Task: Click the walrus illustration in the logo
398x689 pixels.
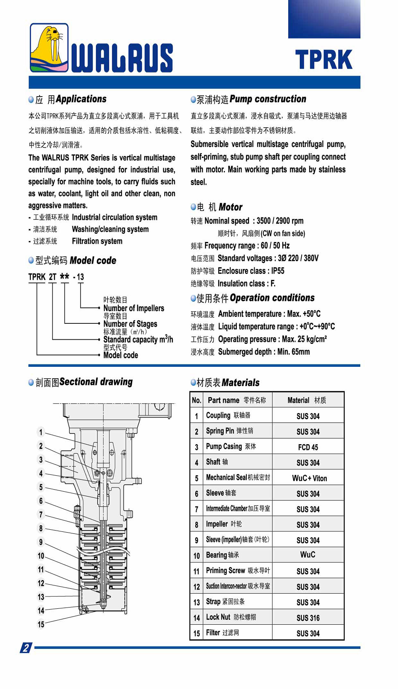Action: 49,48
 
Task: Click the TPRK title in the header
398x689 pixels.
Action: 323,60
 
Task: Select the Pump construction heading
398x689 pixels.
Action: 267,99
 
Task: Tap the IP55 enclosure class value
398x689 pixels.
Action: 278,271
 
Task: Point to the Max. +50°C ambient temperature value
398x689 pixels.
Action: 304,314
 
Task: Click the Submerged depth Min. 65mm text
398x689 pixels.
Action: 264,352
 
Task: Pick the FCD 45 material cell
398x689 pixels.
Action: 308,447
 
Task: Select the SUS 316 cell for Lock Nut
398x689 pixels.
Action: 308,618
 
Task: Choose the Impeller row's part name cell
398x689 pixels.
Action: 224,524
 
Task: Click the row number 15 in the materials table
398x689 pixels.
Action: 197,633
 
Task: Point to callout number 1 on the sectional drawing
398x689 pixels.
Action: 41,432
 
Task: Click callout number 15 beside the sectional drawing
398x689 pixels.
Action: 41,624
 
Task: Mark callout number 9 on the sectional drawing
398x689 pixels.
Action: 41,542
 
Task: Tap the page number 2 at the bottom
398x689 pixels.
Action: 26,648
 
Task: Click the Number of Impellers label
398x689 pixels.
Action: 133,308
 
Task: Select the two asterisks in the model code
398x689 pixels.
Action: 64,277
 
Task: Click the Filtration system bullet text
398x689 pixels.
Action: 97,241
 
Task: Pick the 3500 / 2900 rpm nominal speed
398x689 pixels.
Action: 280,221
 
